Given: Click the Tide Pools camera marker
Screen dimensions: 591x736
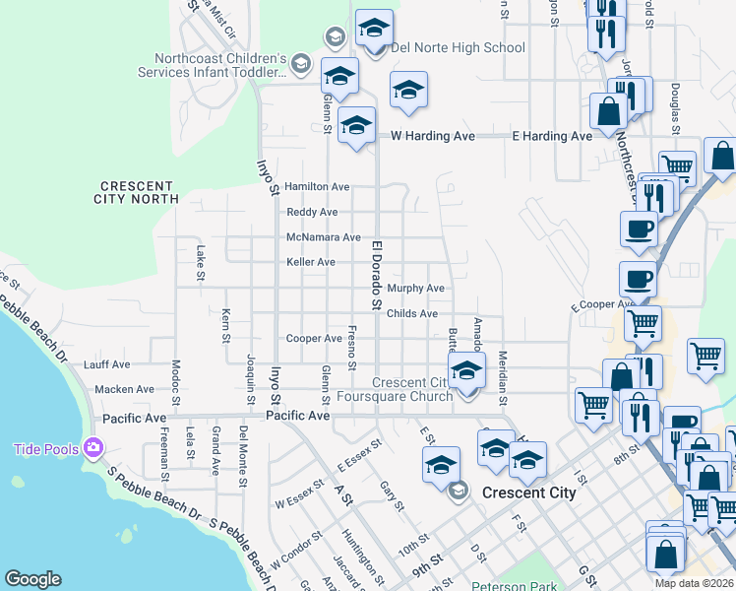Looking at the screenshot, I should point(94,448).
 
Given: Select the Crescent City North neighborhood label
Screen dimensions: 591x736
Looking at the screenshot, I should point(137,192).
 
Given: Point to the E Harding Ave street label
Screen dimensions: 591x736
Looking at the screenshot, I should point(552,136).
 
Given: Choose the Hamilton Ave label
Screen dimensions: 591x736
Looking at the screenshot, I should point(317,186).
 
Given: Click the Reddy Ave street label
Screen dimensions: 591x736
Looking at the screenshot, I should point(311,212).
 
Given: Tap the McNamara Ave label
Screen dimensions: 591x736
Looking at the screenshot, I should point(323,237).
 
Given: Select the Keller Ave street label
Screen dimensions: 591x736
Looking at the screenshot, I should point(310,262).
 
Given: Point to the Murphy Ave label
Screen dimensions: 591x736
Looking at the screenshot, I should point(415,289).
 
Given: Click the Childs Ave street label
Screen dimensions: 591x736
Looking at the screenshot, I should point(411,313).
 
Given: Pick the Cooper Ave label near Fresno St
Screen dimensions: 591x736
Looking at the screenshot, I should point(313,339).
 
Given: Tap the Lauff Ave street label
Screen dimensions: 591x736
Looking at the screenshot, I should point(107,364).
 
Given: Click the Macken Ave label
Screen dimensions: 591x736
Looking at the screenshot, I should point(125,389).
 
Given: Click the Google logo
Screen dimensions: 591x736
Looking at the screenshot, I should point(32,579).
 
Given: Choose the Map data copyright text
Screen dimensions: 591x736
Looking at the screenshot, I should point(695,583).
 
